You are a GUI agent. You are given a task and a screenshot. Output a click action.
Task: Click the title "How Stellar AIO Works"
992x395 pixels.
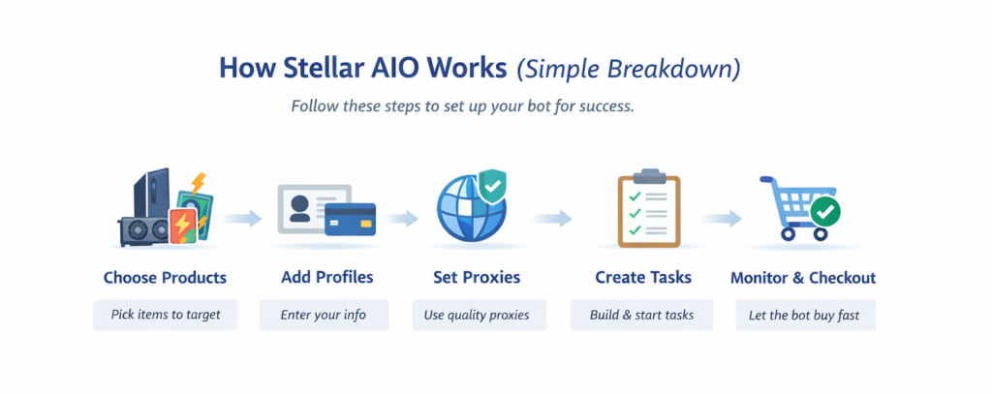coord(363,69)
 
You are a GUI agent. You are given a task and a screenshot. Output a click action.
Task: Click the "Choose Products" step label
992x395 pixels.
coord(165,278)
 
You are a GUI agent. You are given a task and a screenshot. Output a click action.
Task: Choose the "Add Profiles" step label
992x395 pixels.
coord(326,278)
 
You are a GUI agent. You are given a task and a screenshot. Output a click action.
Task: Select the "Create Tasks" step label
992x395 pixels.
coord(642,278)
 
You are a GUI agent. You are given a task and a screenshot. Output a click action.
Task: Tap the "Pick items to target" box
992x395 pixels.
coord(165,315)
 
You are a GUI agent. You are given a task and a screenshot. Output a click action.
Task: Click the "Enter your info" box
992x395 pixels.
coord(324,315)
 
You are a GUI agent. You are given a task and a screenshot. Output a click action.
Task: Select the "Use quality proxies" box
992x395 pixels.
coord(479,315)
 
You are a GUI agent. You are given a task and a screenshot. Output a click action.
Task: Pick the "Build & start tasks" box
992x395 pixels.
coord(642,315)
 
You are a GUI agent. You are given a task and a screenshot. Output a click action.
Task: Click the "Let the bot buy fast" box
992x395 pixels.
coord(805,315)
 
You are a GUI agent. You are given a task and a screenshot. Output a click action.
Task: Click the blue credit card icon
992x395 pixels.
coord(351,220)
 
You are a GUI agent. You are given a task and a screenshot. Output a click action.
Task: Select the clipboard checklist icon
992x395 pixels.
coord(642,207)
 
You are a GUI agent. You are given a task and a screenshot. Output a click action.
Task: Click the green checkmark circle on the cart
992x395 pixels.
coord(825,210)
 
